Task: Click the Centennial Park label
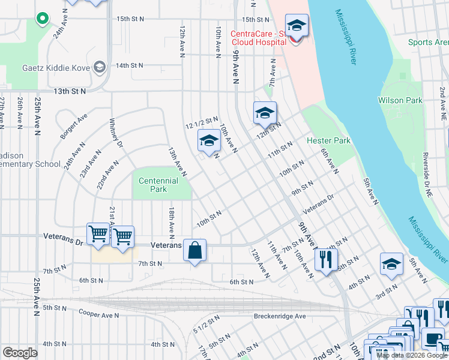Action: coord(158,185)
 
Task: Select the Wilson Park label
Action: coord(400,100)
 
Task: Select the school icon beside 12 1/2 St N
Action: coord(208,142)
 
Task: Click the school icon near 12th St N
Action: coord(265,112)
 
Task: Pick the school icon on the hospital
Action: coord(297,26)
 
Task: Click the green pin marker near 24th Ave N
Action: coord(42,19)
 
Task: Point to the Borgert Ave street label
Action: coord(74,126)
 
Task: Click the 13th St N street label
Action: coord(70,91)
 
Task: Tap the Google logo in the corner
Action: coord(20,352)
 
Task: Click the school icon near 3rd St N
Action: coord(391,264)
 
